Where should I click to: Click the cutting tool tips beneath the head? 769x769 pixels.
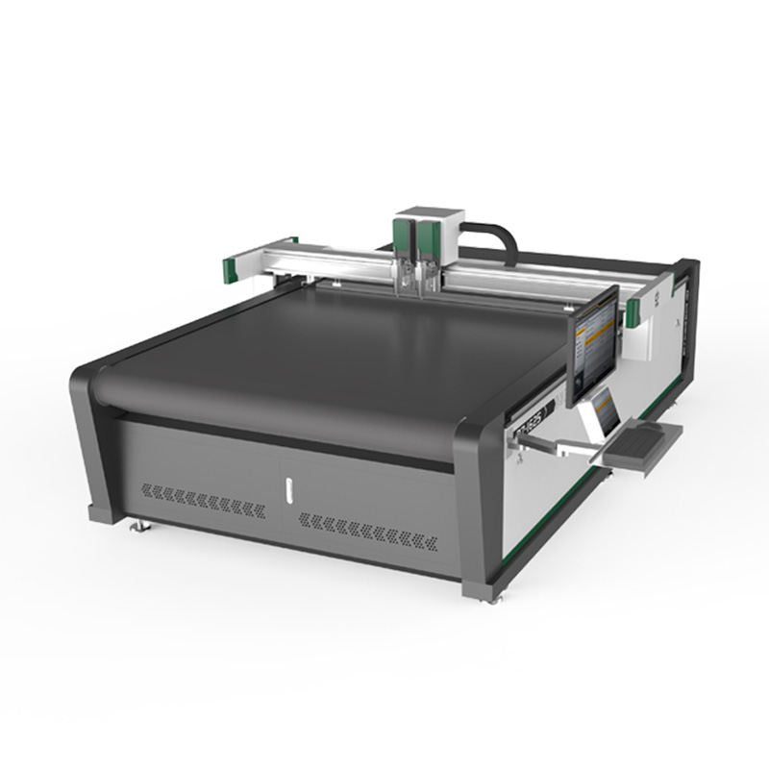(416, 283)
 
